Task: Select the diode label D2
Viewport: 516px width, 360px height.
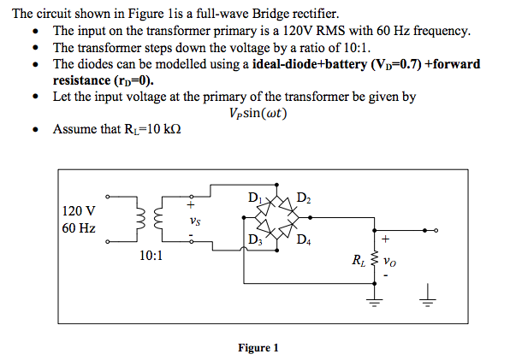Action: (x=304, y=199)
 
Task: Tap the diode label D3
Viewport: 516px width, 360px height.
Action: (x=253, y=239)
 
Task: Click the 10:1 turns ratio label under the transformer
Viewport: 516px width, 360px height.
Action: (x=151, y=255)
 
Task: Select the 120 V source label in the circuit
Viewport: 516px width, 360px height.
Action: (x=79, y=210)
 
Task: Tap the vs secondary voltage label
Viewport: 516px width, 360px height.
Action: (x=196, y=221)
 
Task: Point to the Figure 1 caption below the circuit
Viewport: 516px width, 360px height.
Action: (x=258, y=347)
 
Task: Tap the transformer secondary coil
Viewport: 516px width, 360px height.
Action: (x=157, y=221)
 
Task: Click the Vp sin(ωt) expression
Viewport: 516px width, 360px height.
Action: (x=258, y=114)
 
